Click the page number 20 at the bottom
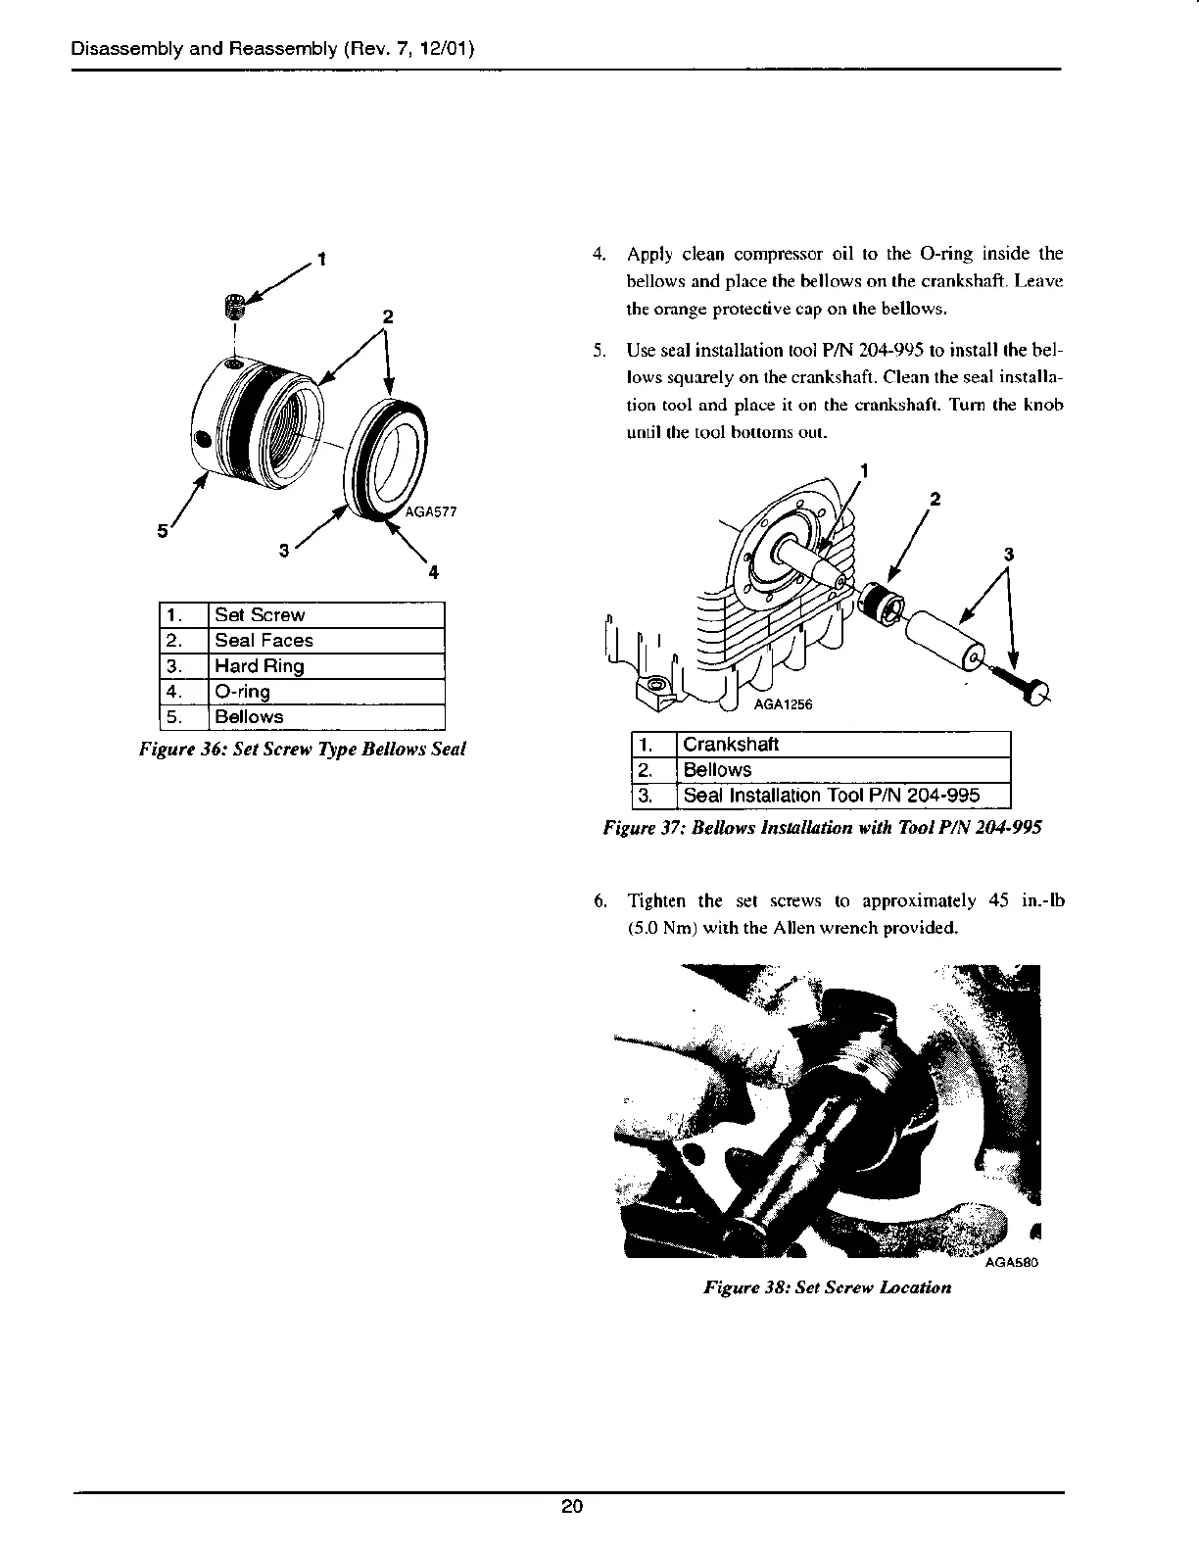pyautogui.click(x=572, y=1507)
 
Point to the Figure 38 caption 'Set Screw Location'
pyautogui.click(x=827, y=1287)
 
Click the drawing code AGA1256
pyautogui.click(x=783, y=704)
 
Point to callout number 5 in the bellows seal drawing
pyautogui.click(x=162, y=531)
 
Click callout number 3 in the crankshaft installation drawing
pyautogui.click(x=1009, y=556)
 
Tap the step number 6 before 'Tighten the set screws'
pyautogui.click(x=599, y=900)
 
